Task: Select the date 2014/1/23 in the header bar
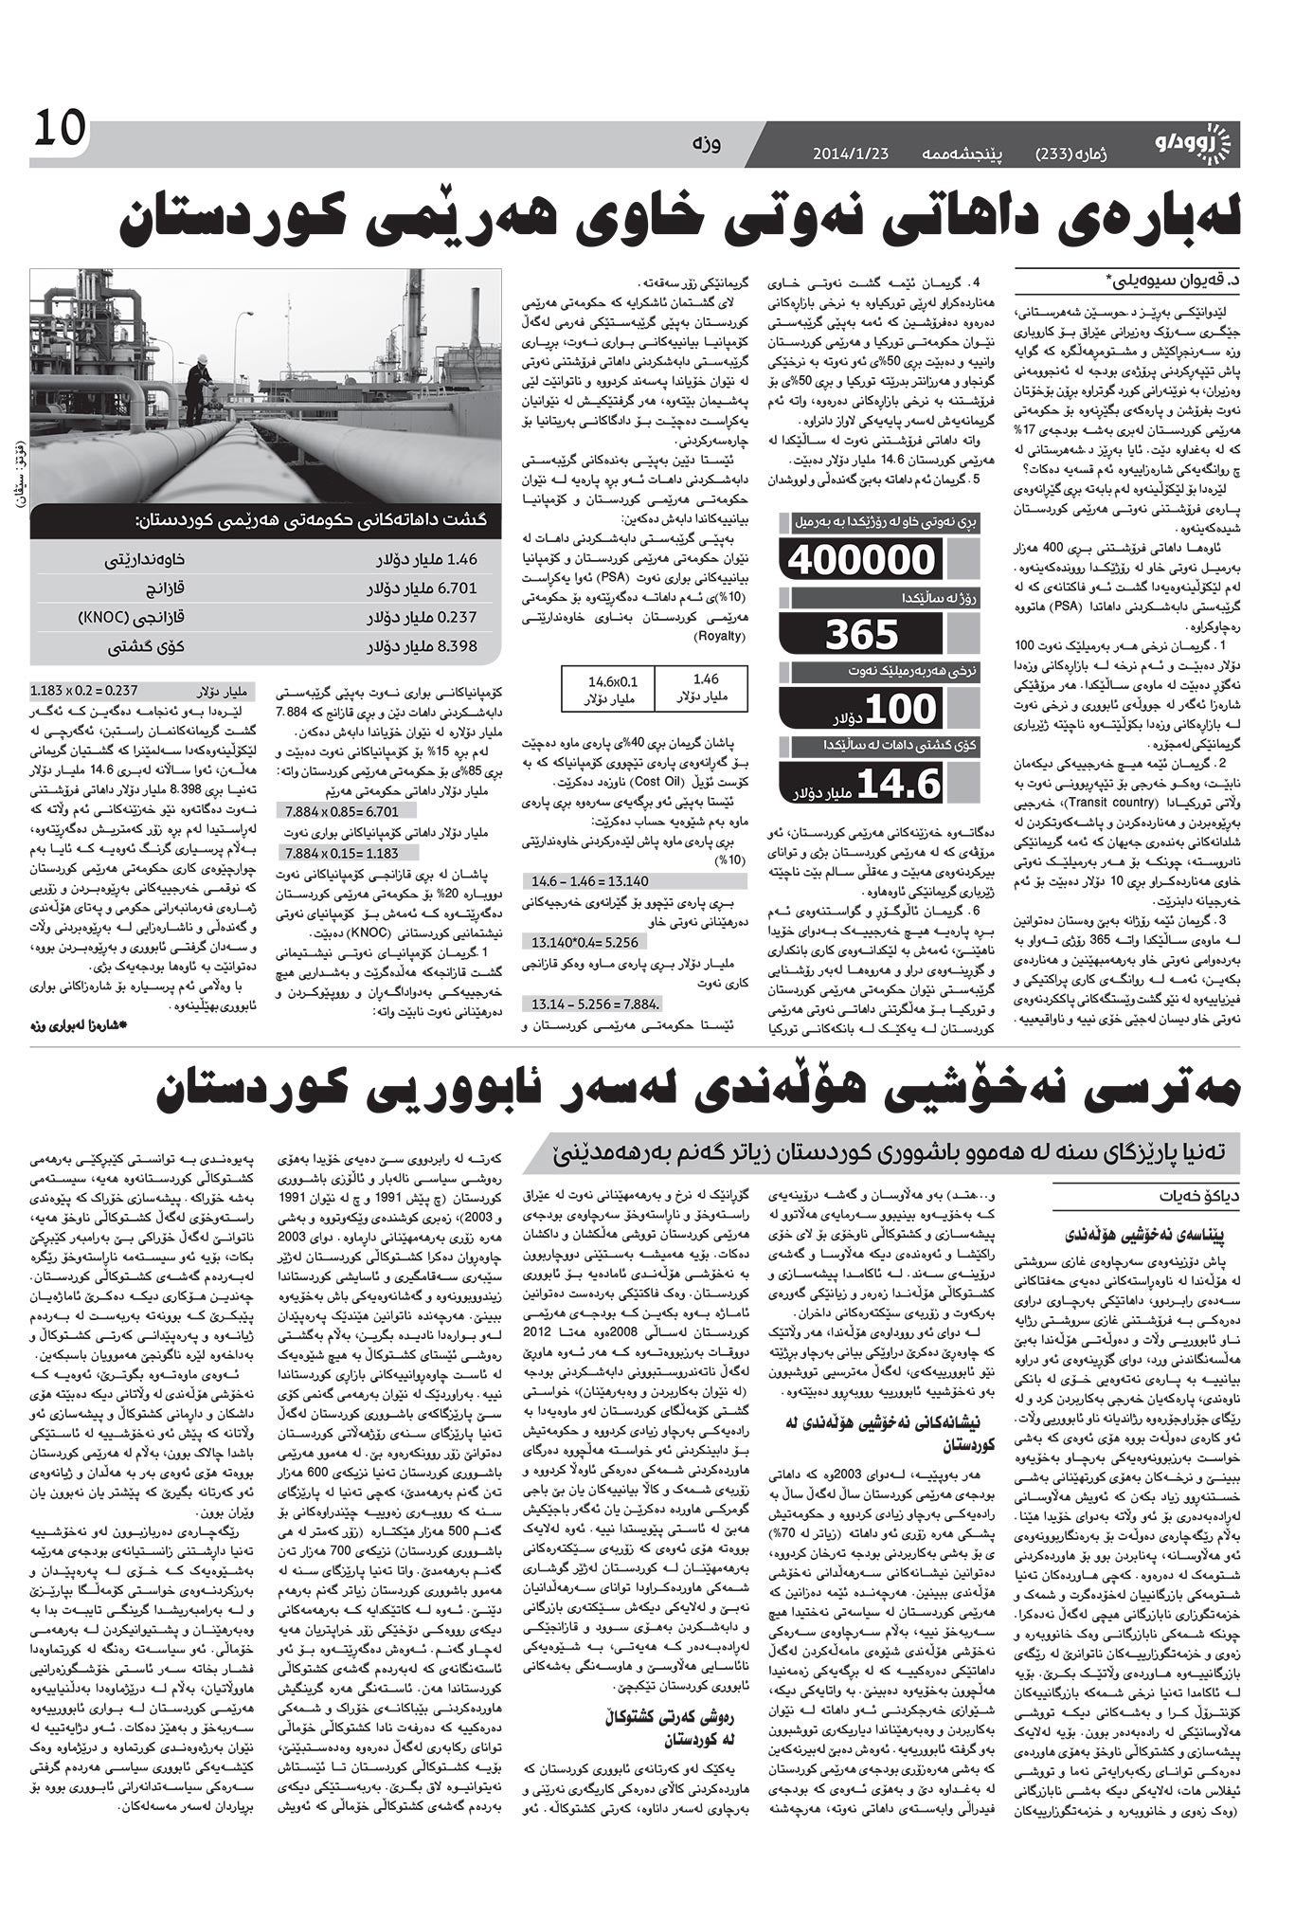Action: click(851, 154)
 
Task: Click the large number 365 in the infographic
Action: click(861, 634)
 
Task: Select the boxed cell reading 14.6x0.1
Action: click(612, 691)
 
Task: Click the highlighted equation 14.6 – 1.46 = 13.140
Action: click(589, 880)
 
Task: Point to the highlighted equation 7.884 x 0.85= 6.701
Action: click(343, 811)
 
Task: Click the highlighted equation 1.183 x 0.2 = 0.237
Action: click(85, 691)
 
